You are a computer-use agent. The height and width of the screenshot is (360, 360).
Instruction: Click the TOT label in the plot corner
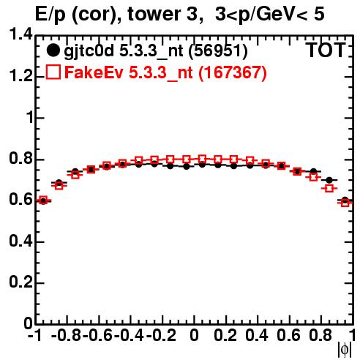coord(326,50)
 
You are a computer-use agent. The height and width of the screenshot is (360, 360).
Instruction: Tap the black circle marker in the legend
coord(53,50)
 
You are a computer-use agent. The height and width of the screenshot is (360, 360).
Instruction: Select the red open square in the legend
coord(53,72)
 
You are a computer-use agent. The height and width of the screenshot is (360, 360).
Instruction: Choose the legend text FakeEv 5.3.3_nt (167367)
coord(165,73)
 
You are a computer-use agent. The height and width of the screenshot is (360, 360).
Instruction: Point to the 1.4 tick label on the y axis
coord(20,34)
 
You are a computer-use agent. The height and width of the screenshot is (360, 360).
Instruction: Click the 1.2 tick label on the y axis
coord(20,75)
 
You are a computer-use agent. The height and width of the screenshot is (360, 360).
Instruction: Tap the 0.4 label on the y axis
coord(20,241)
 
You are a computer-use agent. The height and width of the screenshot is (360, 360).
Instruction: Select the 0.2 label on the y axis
coord(20,282)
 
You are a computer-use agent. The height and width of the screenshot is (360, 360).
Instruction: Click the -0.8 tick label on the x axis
coord(67,335)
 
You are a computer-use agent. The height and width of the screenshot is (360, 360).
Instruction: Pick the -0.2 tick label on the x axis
coord(162,335)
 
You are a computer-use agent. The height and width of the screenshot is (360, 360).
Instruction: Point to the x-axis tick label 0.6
coord(288,335)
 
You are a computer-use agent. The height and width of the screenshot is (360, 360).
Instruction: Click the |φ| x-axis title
coord(345,350)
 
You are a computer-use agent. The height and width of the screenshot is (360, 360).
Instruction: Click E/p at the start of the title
coord(50,15)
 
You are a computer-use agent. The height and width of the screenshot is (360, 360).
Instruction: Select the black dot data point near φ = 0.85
coord(329,180)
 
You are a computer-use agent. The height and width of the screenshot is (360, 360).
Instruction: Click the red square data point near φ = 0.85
coord(329,188)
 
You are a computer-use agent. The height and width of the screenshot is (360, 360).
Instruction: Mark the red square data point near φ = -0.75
coord(75,175)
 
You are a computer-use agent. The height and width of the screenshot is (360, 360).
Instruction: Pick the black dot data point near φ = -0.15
coord(170,166)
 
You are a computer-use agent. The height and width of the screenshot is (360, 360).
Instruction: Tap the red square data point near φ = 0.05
coord(202,159)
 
